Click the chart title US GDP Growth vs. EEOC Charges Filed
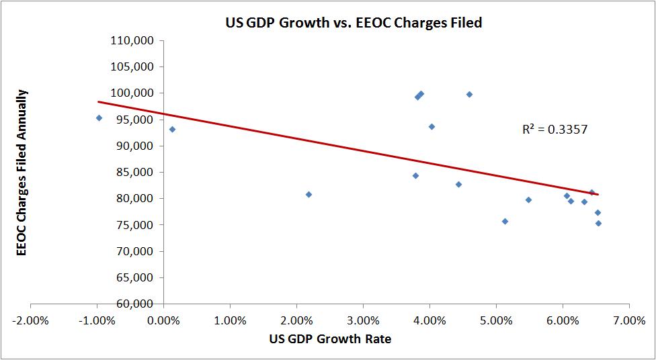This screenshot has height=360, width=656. pyautogui.click(x=354, y=23)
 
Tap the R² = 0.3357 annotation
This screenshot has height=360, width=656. pyautogui.click(x=555, y=130)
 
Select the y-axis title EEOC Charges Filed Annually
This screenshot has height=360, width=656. pyautogui.click(x=22, y=172)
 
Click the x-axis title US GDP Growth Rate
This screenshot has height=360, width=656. pyautogui.click(x=331, y=339)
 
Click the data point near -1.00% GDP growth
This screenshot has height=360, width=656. pyautogui.click(x=99, y=118)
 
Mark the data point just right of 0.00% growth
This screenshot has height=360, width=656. pyautogui.click(x=172, y=129)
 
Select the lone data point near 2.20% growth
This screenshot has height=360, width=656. pyautogui.click(x=309, y=195)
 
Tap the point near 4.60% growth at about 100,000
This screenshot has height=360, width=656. pyautogui.click(x=469, y=95)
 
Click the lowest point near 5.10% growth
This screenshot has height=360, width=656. pyautogui.click(x=505, y=221)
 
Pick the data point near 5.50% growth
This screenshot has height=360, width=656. pyautogui.click(x=528, y=200)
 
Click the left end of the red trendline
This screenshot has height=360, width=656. pyautogui.click(x=99, y=101)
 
